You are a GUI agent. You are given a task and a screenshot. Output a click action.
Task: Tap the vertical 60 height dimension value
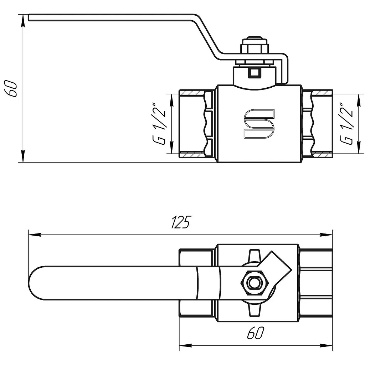pyautogui.click(x=11, y=88)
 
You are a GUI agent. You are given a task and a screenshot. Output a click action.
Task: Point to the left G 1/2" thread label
pyautogui.click(x=159, y=123)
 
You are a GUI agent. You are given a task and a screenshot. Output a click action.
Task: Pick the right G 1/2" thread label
pyautogui.click(x=346, y=123)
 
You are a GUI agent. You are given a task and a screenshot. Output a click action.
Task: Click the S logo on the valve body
pyautogui.click(x=259, y=124)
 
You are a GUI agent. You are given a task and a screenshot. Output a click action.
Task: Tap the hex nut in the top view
pyautogui.click(x=255, y=283)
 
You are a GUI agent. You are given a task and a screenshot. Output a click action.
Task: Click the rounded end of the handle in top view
pyautogui.click(x=35, y=283)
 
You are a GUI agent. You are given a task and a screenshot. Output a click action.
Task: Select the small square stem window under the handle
pyautogui.click(x=255, y=72)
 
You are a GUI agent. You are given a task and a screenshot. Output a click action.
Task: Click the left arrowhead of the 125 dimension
pyautogui.click(x=35, y=235)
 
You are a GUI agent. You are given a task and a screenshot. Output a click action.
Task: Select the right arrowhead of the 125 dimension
pyautogui.click(x=326, y=235)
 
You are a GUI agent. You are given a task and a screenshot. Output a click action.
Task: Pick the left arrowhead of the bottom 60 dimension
pyautogui.click(x=185, y=345)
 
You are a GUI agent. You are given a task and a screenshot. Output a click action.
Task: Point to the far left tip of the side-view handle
pyautogui.click(x=29, y=17)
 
